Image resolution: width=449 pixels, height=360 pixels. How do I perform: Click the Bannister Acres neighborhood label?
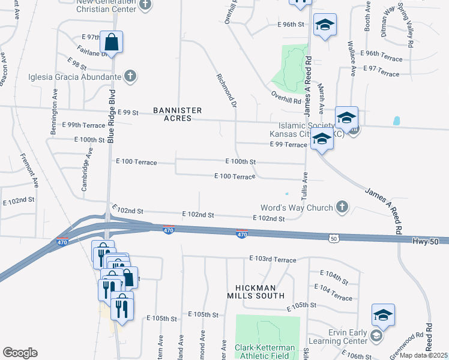(x=177, y=114)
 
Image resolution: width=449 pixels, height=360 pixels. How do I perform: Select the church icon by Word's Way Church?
(x=342, y=208)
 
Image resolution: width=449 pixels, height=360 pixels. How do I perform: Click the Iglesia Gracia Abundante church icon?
(x=130, y=76)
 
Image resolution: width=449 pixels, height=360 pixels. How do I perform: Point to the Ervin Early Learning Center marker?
(x=376, y=335)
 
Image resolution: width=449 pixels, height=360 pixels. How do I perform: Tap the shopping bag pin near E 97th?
(x=112, y=43)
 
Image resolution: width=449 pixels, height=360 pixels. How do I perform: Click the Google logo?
(x=20, y=353)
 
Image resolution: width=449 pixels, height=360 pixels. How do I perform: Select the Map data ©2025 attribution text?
(x=424, y=356)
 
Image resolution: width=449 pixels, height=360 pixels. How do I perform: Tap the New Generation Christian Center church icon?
(x=144, y=5)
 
